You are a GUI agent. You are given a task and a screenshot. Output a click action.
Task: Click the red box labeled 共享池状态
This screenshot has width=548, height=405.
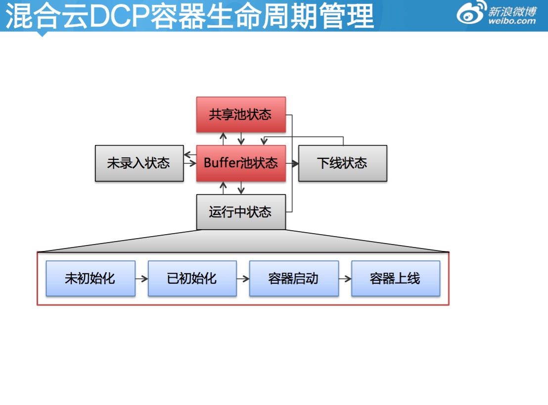pyautogui.click(x=241, y=115)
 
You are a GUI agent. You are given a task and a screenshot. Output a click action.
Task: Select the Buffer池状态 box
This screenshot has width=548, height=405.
pyautogui.click(x=241, y=163)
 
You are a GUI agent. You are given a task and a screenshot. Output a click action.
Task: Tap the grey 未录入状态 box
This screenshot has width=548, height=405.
pyautogui.click(x=139, y=163)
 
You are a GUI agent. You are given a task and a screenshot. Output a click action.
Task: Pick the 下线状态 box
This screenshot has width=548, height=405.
pyautogui.click(x=342, y=163)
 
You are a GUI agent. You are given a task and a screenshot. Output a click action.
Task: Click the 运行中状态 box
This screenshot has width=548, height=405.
pyautogui.click(x=241, y=212)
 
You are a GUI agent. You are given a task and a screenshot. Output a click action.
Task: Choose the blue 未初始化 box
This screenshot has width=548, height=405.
pyautogui.click(x=90, y=279)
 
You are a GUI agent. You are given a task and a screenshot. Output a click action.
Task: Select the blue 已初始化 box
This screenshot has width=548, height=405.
pyautogui.click(x=192, y=279)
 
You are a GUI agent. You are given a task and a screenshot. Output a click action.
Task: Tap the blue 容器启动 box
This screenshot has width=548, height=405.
pyautogui.click(x=294, y=279)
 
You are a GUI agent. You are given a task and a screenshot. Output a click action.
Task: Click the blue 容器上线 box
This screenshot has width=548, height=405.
pyautogui.click(x=395, y=279)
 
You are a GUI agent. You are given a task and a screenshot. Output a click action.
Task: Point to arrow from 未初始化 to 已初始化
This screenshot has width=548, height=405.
pyautogui.click(x=141, y=279)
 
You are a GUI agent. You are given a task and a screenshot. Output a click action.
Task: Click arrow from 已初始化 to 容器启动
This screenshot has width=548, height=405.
pyautogui.click(x=243, y=279)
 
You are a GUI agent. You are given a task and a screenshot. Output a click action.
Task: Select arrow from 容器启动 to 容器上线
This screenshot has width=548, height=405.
pyautogui.click(x=345, y=279)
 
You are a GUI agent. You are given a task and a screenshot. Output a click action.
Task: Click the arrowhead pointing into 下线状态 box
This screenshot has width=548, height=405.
pyautogui.click(x=295, y=163)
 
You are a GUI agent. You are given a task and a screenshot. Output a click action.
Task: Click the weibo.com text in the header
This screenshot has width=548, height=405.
pyautogui.click(x=512, y=21)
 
